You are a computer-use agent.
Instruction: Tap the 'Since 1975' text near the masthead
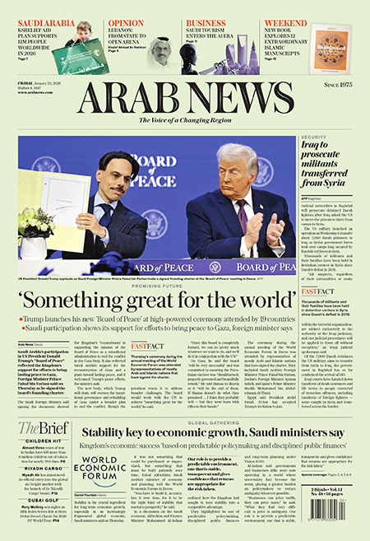pos(340,84)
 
